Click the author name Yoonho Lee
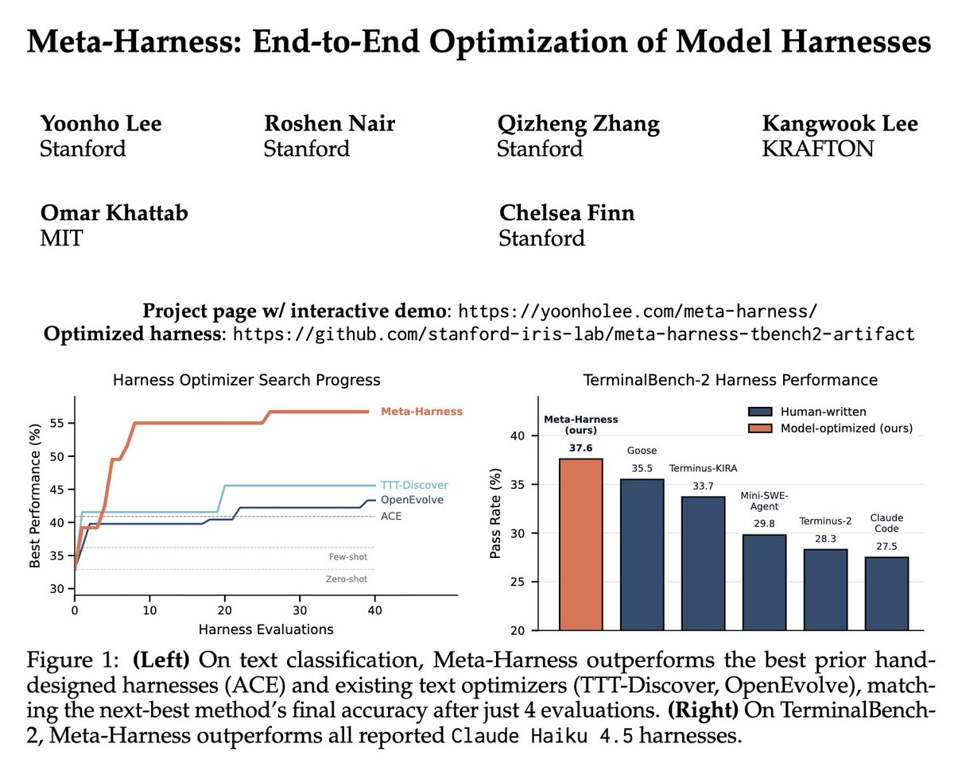(101, 124)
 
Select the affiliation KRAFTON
(817, 149)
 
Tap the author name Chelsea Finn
(567, 214)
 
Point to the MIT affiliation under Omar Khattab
(61, 238)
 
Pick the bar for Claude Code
(886, 593)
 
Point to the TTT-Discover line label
(415, 485)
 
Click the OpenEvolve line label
(412, 500)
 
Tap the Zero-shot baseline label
(346, 579)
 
